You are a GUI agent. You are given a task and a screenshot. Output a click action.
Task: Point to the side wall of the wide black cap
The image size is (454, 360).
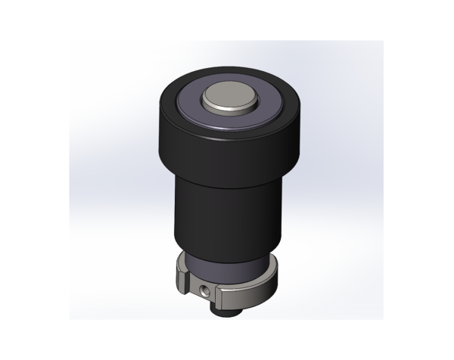tap(226, 155)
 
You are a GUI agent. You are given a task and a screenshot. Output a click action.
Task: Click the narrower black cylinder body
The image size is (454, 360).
tap(226, 216)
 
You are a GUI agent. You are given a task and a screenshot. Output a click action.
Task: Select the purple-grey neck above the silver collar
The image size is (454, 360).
tap(226, 265)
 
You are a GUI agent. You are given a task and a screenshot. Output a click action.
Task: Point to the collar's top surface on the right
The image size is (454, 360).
tap(269, 266)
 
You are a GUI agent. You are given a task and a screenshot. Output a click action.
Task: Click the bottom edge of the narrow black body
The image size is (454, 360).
tap(226, 254)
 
